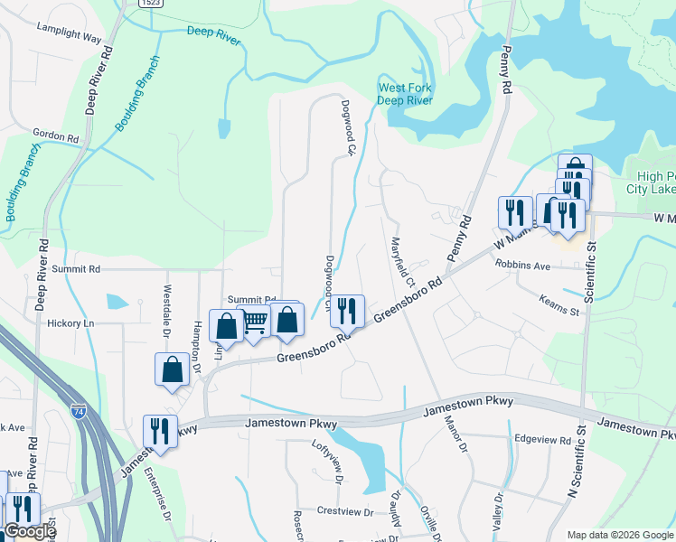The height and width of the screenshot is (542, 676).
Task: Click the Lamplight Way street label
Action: click(x=69, y=33)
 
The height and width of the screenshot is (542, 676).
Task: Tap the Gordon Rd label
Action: click(x=55, y=135)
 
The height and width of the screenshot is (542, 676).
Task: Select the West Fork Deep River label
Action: click(x=405, y=94)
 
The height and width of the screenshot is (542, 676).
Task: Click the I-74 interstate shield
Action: click(x=79, y=412)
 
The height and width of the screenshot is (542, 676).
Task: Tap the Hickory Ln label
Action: click(x=71, y=322)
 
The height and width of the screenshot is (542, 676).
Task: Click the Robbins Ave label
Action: click(x=521, y=266)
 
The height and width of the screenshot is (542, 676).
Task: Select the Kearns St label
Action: click(x=560, y=311)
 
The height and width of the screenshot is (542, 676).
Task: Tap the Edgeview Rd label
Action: click(x=542, y=441)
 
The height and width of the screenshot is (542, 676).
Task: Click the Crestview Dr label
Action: click(x=344, y=511)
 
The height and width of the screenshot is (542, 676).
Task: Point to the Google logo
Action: click(x=29, y=532)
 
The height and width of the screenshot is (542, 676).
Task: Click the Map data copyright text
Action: click(x=619, y=535)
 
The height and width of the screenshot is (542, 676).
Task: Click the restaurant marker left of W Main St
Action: click(x=515, y=212)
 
